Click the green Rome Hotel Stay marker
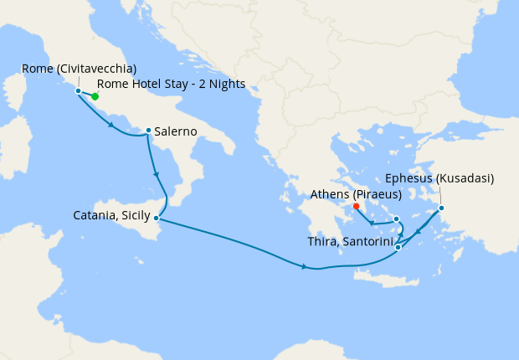(x=95, y=96)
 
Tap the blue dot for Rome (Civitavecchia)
(x=78, y=90)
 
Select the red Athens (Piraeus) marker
(x=356, y=206)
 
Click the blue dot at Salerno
(x=148, y=131)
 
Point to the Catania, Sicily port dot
(x=157, y=218)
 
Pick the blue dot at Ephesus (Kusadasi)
(x=441, y=208)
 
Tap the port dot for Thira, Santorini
(x=398, y=247)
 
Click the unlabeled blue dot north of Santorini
(x=397, y=219)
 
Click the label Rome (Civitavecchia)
(x=80, y=69)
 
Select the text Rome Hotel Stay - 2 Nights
(x=172, y=84)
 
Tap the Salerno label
(x=176, y=131)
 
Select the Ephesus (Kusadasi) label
(x=439, y=178)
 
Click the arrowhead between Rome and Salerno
(x=112, y=126)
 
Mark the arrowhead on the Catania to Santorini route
(x=305, y=266)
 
